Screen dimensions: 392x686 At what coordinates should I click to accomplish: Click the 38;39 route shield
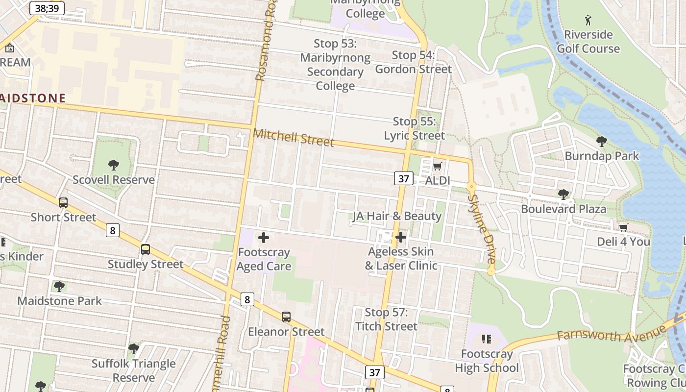tap(47, 8)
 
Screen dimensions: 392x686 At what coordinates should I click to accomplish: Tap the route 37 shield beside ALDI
tap(403, 178)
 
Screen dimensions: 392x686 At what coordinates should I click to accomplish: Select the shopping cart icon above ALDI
tap(437, 166)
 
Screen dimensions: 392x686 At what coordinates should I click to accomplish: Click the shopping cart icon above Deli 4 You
tap(623, 227)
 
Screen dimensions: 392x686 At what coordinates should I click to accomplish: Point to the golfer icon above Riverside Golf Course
tap(588, 20)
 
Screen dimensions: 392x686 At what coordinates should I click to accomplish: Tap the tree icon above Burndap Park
tap(602, 142)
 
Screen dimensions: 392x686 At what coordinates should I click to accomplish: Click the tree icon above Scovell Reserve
tap(114, 165)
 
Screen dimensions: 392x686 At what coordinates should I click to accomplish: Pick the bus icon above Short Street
tap(63, 202)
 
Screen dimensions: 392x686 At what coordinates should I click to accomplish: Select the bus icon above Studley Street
tap(146, 249)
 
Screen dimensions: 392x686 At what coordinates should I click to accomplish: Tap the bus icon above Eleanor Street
tap(286, 317)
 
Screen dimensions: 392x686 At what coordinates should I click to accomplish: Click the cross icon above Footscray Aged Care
tap(264, 238)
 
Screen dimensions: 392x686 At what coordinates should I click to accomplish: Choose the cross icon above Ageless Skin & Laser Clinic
tap(401, 237)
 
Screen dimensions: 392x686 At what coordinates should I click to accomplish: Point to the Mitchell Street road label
tap(294, 138)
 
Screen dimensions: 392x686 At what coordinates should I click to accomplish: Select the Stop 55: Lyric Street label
tap(414, 128)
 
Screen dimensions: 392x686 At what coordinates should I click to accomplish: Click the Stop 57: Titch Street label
tap(386, 319)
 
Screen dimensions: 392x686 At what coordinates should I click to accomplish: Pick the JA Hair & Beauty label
tap(397, 216)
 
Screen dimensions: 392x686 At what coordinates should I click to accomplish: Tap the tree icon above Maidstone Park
tap(59, 286)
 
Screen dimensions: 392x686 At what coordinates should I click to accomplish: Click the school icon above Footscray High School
tap(487, 339)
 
